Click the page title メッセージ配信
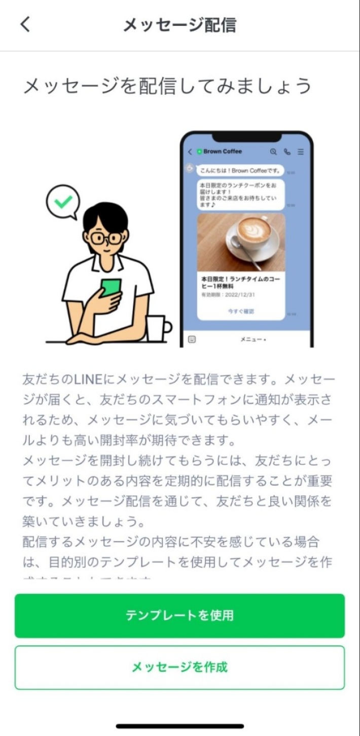(x=180, y=25)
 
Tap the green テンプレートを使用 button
(x=179, y=615)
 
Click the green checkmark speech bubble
(x=63, y=201)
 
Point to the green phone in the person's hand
(x=111, y=289)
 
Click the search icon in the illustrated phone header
(x=274, y=151)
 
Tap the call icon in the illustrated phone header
(x=287, y=151)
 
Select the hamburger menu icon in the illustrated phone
(x=301, y=151)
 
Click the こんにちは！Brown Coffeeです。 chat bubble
(x=240, y=170)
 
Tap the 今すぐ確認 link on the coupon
(x=241, y=311)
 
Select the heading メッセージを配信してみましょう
(x=167, y=86)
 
